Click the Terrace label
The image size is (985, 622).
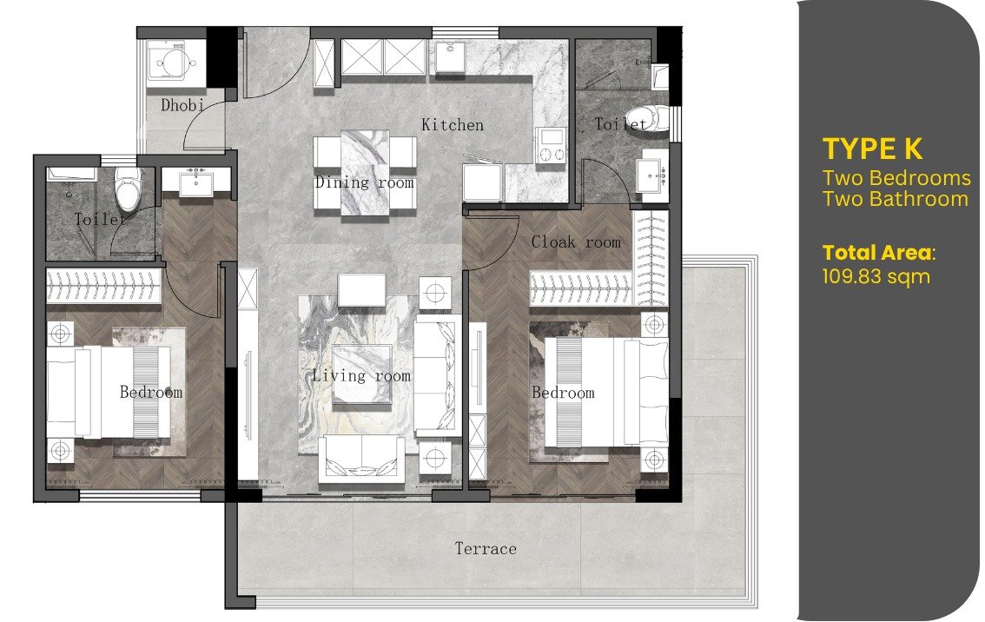point(486,548)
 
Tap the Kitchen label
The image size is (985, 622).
point(453,124)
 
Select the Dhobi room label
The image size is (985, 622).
point(182,105)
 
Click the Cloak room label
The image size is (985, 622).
point(575,242)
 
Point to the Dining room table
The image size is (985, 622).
point(364,173)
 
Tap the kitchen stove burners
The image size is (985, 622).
point(551,147)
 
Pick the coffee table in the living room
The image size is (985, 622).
point(362,374)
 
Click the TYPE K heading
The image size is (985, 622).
point(873,149)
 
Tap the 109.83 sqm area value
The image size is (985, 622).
point(876,276)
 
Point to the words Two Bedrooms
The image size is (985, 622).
point(897,178)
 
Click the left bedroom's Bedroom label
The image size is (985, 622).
point(151,392)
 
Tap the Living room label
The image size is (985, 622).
point(361,375)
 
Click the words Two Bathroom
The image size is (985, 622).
point(896,199)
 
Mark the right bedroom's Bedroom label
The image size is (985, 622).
point(563,393)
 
